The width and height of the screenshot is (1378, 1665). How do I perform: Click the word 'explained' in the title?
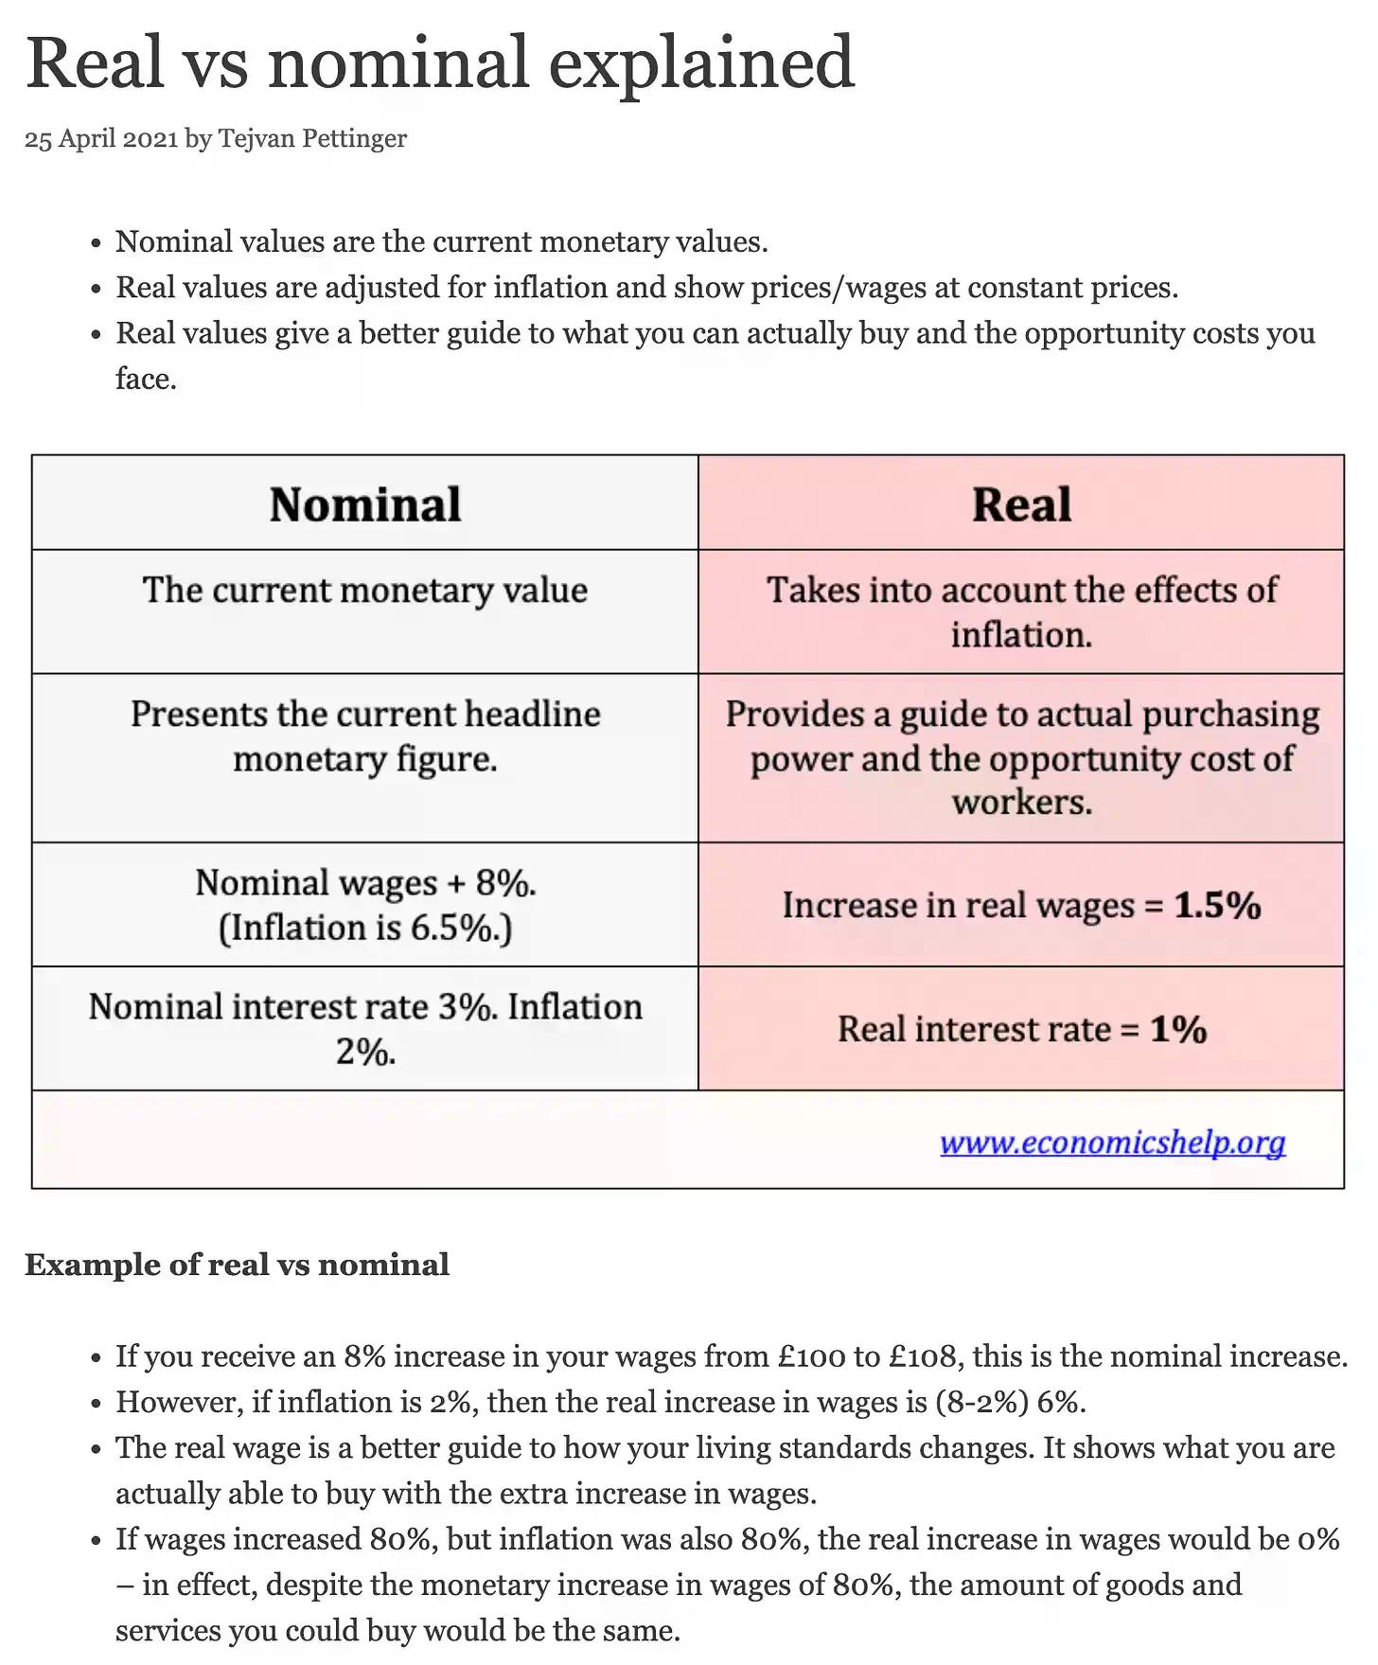(701, 62)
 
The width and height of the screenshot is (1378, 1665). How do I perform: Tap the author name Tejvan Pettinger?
(312, 138)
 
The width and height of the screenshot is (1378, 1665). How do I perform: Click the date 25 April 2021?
(101, 138)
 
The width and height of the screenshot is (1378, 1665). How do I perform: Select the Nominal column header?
(365, 504)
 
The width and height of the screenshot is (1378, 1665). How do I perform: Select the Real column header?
(1021, 504)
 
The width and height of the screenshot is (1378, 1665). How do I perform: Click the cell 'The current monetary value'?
(365, 590)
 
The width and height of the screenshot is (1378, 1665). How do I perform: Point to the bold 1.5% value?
(1217, 905)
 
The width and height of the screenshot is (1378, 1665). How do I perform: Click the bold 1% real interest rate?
(1178, 1029)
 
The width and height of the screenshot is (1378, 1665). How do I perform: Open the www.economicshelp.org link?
(1112, 1142)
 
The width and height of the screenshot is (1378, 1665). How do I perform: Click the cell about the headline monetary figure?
(365, 736)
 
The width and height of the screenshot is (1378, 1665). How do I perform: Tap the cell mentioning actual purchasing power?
(1021, 757)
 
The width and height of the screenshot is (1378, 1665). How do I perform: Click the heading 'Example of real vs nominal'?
(237, 1265)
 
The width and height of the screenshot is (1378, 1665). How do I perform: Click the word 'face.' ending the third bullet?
(146, 379)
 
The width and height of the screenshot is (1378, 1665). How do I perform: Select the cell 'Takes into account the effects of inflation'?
(1021, 611)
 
